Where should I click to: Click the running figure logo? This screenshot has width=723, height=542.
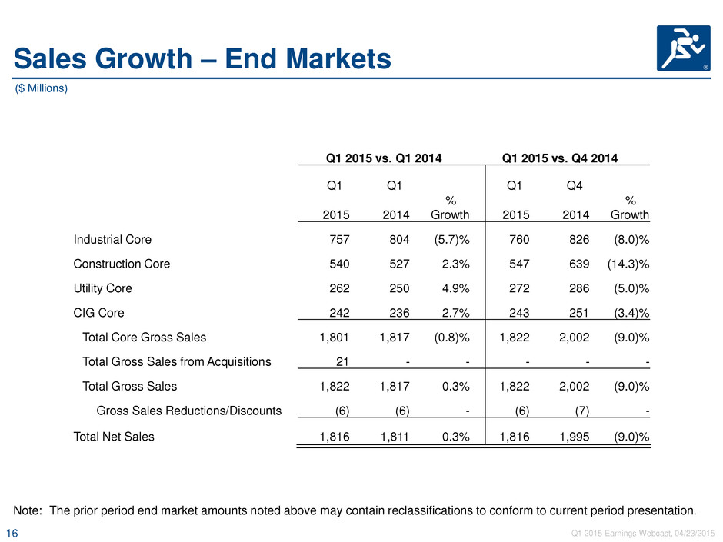(683, 48)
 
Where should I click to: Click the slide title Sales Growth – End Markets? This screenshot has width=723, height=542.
(202, 59)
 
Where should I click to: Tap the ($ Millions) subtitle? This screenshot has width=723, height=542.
(42, 88)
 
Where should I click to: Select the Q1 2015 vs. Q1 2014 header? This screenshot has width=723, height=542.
(384, 158)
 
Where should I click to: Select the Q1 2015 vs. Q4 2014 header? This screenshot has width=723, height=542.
(560, 158)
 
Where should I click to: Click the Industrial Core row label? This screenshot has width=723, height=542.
(112, 240)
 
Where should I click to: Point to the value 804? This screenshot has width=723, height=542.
(399, 240)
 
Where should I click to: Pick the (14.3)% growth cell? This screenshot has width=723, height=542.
(628, 264)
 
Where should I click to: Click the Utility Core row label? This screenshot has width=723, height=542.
(103, 288)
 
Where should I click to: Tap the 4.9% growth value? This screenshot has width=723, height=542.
(455, 288)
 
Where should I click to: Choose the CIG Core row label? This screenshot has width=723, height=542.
(98, 313)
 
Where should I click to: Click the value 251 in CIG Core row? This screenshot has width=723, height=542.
(579, 313)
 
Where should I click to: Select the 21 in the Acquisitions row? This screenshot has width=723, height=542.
(342, 362)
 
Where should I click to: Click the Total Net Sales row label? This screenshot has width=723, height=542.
(114, 437)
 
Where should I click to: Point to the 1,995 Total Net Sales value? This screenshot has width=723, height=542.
(575, 437)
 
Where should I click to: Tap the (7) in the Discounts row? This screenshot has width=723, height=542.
(582, 411)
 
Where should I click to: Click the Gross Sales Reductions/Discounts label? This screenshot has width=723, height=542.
(189, 411)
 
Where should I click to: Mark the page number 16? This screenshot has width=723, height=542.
(12, 534)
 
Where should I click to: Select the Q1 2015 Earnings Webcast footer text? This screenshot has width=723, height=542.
(643, 534)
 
